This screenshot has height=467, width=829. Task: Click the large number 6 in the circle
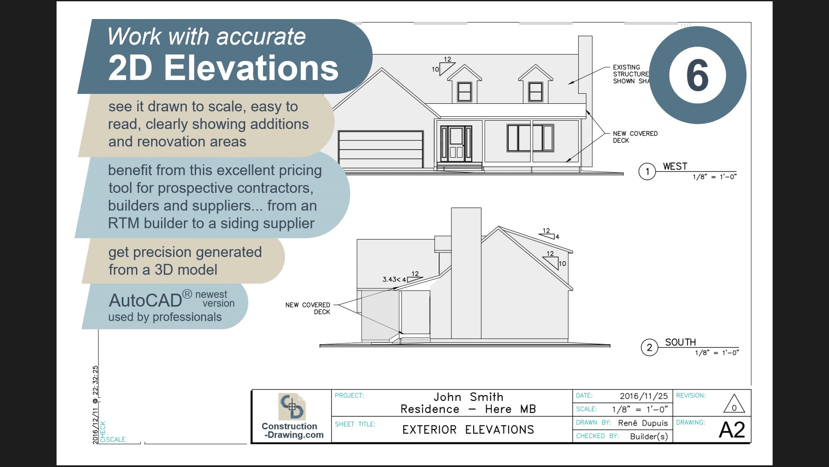pyautogui.click(x=697, y=75)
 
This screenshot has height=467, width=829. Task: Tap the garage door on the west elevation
pyautogui.click(x=380, y=149)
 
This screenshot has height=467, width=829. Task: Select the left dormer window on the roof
pyautogui.click(x=465, y=92)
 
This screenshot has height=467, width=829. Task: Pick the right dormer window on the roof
pyautogui.click(x=535, y=92)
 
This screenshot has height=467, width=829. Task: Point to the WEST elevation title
pyautogui.click(x=675, y=166)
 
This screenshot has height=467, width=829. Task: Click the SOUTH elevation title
pyautogui.click(x=680, y=342)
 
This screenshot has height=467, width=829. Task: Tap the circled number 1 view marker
pyautogui.click(x=647, y=172)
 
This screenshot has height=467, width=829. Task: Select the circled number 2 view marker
pyautogui.click(x=649, y=348)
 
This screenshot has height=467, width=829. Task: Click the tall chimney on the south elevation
pyautogui.click(x=466, y=272)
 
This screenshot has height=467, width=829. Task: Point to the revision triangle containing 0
pyautogui.click(x=734, y=404)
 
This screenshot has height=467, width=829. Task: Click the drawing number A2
pyautogui.click(x=732, y=430)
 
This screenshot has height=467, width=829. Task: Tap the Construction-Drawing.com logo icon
pyautogui.click(x=292, y=406)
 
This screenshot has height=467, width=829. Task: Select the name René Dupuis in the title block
pyautogui.click(x=642, y=423)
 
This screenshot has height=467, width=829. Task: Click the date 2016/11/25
pyautogui.click(x=643, y=396)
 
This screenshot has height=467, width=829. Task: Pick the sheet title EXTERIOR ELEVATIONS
pyautogui.click(x=468, y=430)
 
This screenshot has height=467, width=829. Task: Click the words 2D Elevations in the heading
pyautogui.click(x=223, y=68)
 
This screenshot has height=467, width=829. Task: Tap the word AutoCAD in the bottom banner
pyautogui.click(x=145, y=301)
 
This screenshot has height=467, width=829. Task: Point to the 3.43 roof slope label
pyautogui.click(x=391, y=279)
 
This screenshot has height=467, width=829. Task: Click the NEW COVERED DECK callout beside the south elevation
pyautogui.click(x=307, y=308)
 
